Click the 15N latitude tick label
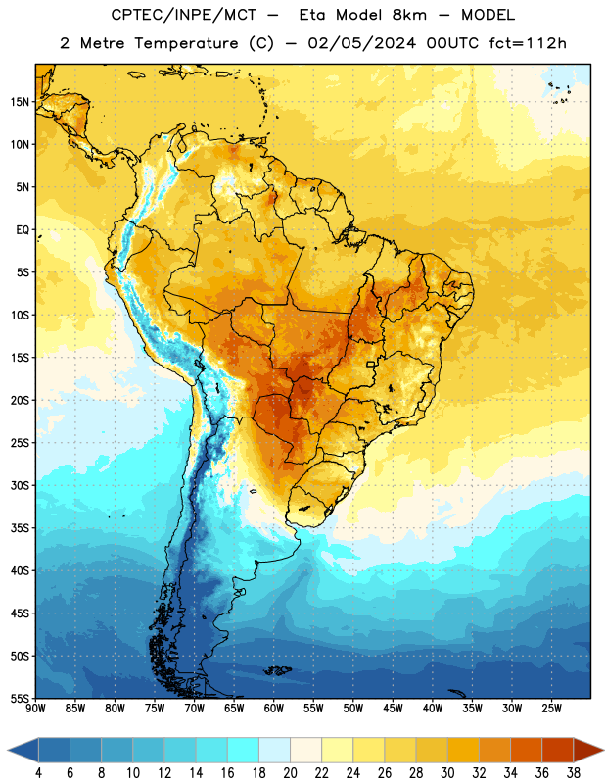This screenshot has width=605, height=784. (x=20, y=102)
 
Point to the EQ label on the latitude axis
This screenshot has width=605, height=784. (x=23, y=230)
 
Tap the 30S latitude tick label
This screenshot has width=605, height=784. (x=20, y=485)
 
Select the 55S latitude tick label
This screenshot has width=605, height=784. (x=20, y=699)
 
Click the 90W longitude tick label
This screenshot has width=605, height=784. (x=35, y=709)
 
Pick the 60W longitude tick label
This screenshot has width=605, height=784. (x=274, y=709)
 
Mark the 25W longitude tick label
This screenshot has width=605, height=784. (x=551, y=709)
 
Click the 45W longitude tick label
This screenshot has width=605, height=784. (x=393, y=709)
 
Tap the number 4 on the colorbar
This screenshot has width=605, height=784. (x=38, y=773)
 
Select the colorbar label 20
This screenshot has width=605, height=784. (x=290, y=773)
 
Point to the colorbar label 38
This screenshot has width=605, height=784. (x=574, y=773)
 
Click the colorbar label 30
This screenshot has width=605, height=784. (x=447, y=773)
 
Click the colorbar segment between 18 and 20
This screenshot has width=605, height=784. (x=275, y=750)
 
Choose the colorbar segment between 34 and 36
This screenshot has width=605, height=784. (x=526, y=750)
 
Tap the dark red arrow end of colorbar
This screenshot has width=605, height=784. (x=588, y=750)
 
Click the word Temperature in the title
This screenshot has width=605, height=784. (x=186, y=43)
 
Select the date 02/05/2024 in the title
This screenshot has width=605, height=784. (x=361, y=43)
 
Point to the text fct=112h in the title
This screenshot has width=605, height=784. (x=527, y=43)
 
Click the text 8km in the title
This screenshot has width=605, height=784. (x=409, y=15)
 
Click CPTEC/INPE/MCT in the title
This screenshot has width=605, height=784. (x=183, y=15)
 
